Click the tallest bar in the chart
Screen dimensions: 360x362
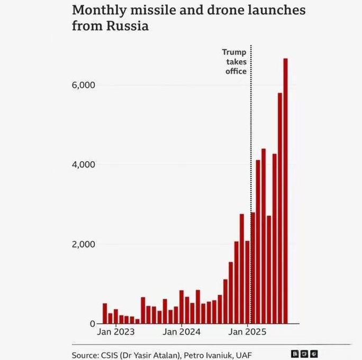coord(285,190)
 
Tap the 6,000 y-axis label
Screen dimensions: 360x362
coord(84,85)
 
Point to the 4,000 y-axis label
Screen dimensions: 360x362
coord(84,164)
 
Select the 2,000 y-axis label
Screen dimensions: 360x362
coord(84,244)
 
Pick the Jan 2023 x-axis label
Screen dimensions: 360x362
coord(116,333)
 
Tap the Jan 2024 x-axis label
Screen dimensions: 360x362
coord(182,333)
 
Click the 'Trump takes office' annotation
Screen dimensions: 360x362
coord(234,61)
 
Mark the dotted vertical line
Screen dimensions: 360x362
coord(250,132)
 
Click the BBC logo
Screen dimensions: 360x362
coord(304,354)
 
